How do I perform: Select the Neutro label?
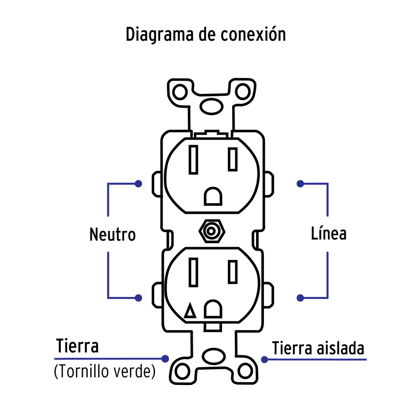pos(112,235)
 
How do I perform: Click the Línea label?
pos(328,233)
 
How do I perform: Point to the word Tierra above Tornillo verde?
pos(78,347)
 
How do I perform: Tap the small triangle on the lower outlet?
pos(190,312)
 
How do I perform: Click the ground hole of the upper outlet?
pos(212,196)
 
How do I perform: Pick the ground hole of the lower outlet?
pos(212,309)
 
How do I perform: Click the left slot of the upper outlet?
pos(193,159)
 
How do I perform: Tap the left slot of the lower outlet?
pos(193,272)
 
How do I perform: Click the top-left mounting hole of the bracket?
pos(181,91)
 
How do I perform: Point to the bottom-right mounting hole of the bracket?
pos(244,371)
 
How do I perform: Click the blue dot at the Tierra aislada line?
pos(264,360)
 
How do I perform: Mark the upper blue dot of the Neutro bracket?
pos(138,184)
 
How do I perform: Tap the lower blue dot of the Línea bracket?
pos(300,298)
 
